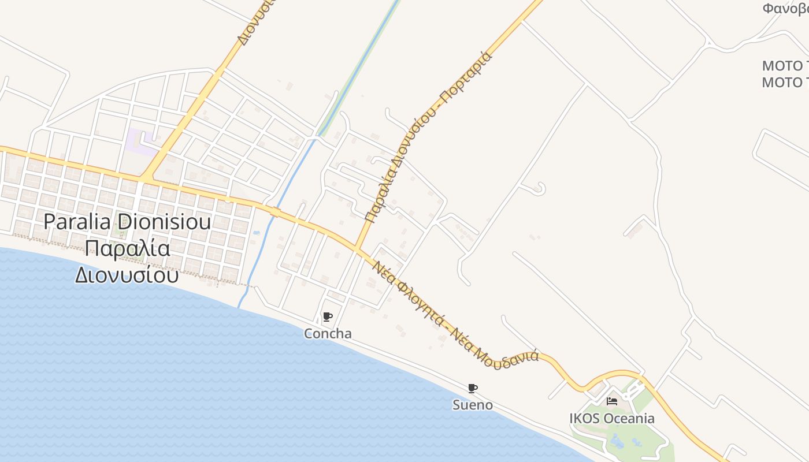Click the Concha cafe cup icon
pos(328,316)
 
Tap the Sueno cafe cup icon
pos(473,388)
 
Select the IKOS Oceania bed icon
pos(612,401)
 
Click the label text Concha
pos(328,334)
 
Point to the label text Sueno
pos(473,405)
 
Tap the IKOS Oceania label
pos(612,418)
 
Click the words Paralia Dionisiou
pos(127,222)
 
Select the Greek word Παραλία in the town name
pos(127,249)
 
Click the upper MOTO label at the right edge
pos(785,65)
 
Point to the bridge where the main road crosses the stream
pos(275,213)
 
